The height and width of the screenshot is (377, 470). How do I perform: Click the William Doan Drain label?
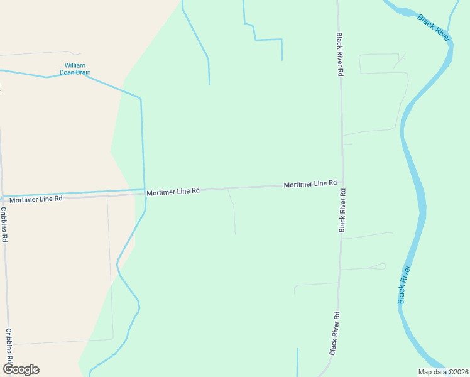pyautogui.click(x=75, y=68)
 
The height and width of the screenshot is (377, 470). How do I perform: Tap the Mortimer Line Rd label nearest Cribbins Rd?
pyautogui.click(x=36, y=199)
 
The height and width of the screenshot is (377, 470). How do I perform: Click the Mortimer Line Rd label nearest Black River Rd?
pyautogui.click(x=310, y=183)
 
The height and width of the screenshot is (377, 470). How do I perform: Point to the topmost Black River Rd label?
pyautogui.click(x=339, y=55)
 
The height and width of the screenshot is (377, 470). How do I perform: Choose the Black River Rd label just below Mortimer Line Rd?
pyautogui.click(x=342, y=216)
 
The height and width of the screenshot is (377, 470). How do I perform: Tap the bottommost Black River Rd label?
pyautogui.click(x=337, y=333)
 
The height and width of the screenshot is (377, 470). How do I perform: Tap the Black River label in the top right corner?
pyautogui.click(x=434, y=28)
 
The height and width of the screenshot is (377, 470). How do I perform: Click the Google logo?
pyautogui.click(x=21, y=369)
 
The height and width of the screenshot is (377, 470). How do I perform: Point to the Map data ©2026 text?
pyautogui.click(x=443, y=372)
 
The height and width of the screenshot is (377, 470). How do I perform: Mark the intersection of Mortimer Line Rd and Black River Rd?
pyautogui.click(x=342, y=185)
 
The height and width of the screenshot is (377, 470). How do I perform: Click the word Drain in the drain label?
pyautogui.click(x=84, y=72)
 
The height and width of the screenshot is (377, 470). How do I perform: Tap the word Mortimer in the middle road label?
pyautogui.click(x=161, y=192)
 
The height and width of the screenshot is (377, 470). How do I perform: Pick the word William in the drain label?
pyautogui.click(x=75, y=65)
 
